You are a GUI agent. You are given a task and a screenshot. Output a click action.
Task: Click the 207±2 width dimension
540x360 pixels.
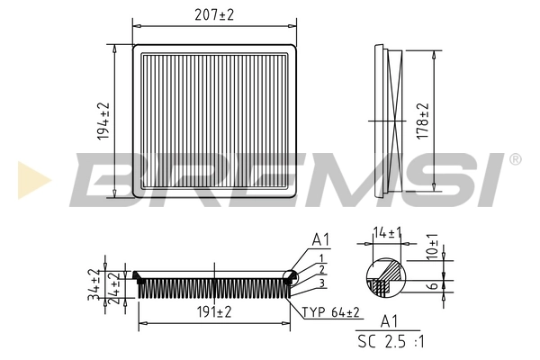(215, 14)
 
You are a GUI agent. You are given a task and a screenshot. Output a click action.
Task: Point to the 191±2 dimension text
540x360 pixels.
(214, 312)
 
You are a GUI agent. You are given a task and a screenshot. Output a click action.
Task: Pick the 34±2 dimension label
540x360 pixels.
(94, 284)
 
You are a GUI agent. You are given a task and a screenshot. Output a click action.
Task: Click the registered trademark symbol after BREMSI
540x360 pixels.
(515, 159)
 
